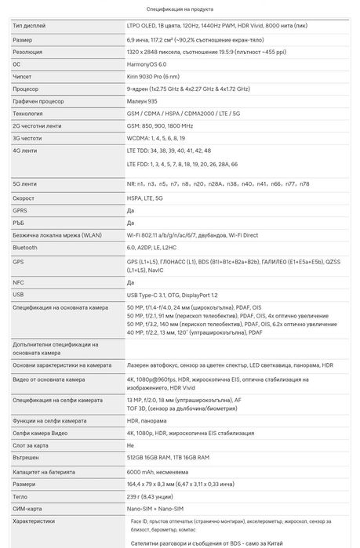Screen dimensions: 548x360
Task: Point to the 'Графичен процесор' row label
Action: (38, 101)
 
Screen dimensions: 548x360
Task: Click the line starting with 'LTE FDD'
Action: (181, 165)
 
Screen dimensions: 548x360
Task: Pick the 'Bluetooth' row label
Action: (25, 247)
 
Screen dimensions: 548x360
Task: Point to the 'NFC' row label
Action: (19, 282)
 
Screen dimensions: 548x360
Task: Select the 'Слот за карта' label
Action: (33, 445)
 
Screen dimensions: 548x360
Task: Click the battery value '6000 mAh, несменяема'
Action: (159, 472)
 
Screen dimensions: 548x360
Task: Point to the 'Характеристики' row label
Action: (35, 521)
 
